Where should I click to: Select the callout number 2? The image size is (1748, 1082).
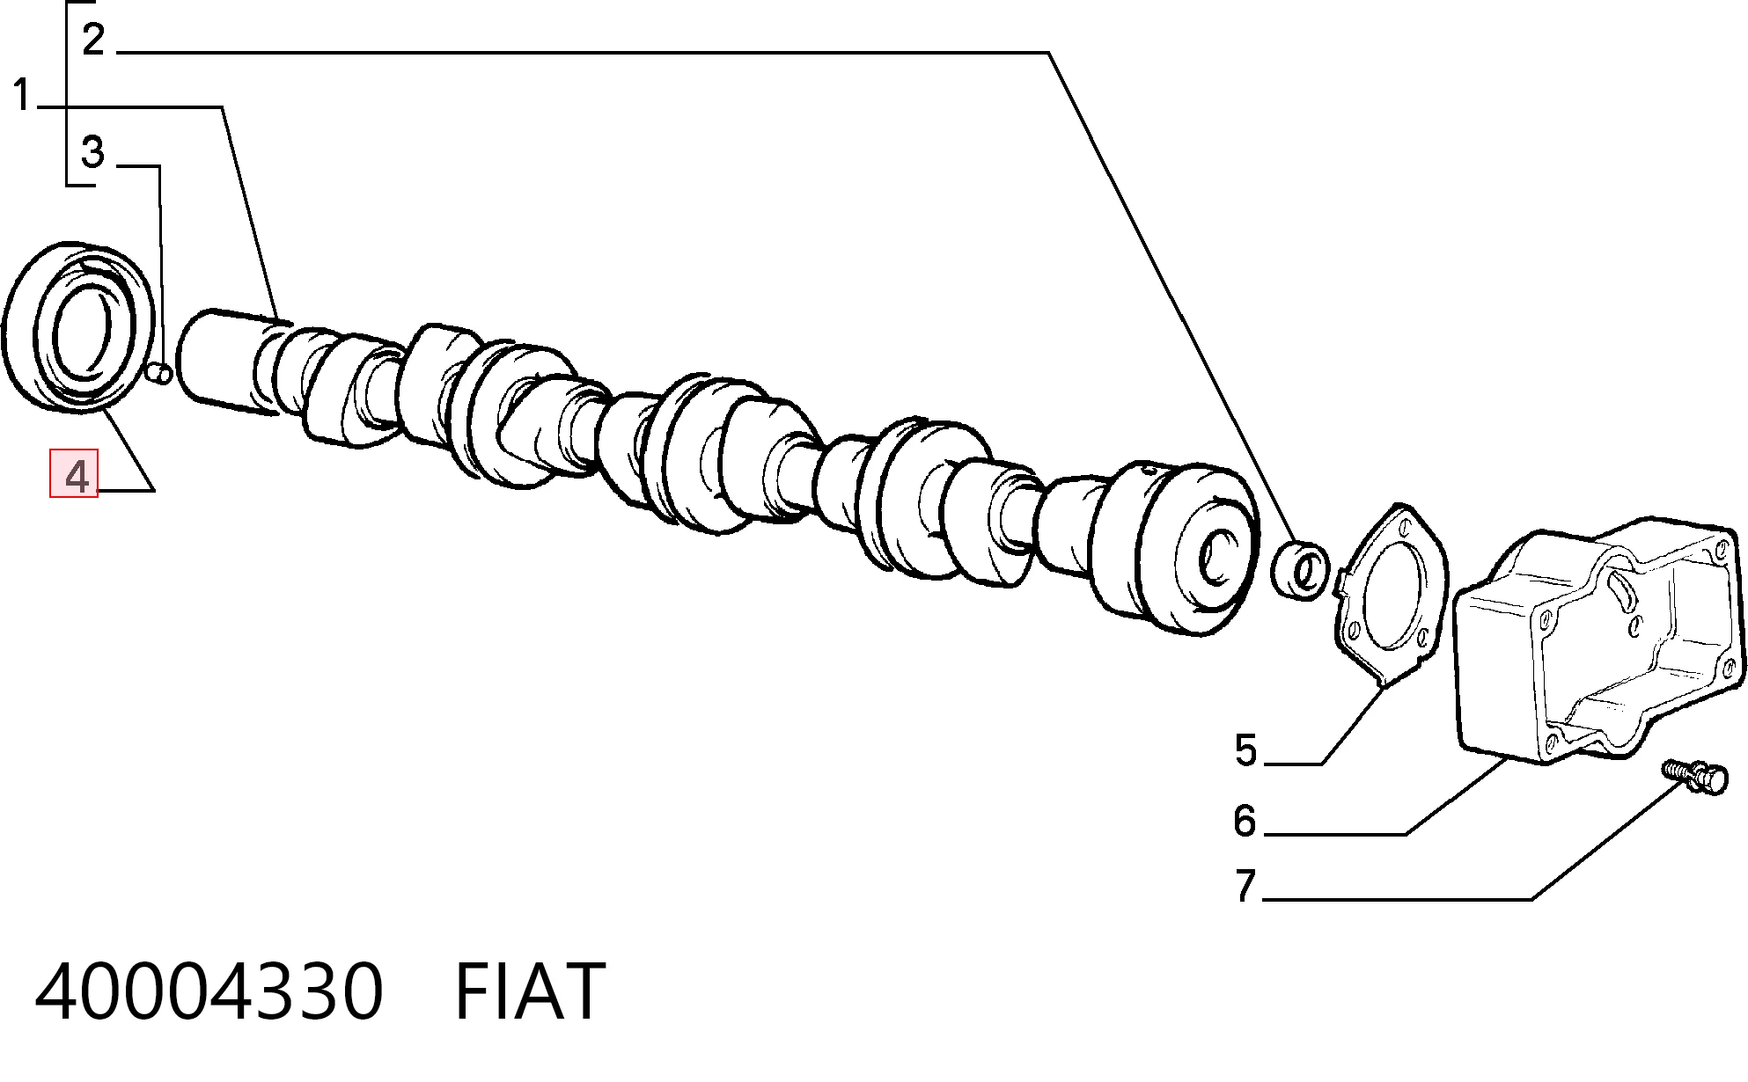point(93,40)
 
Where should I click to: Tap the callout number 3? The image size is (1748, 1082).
point(92,152)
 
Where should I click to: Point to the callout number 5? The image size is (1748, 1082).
point(1245,751)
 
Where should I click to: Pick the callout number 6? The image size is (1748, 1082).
point(1245,821)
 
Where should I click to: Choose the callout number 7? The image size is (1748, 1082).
point(1245,886)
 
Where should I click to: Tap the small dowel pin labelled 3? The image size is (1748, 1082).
point(160,374)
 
